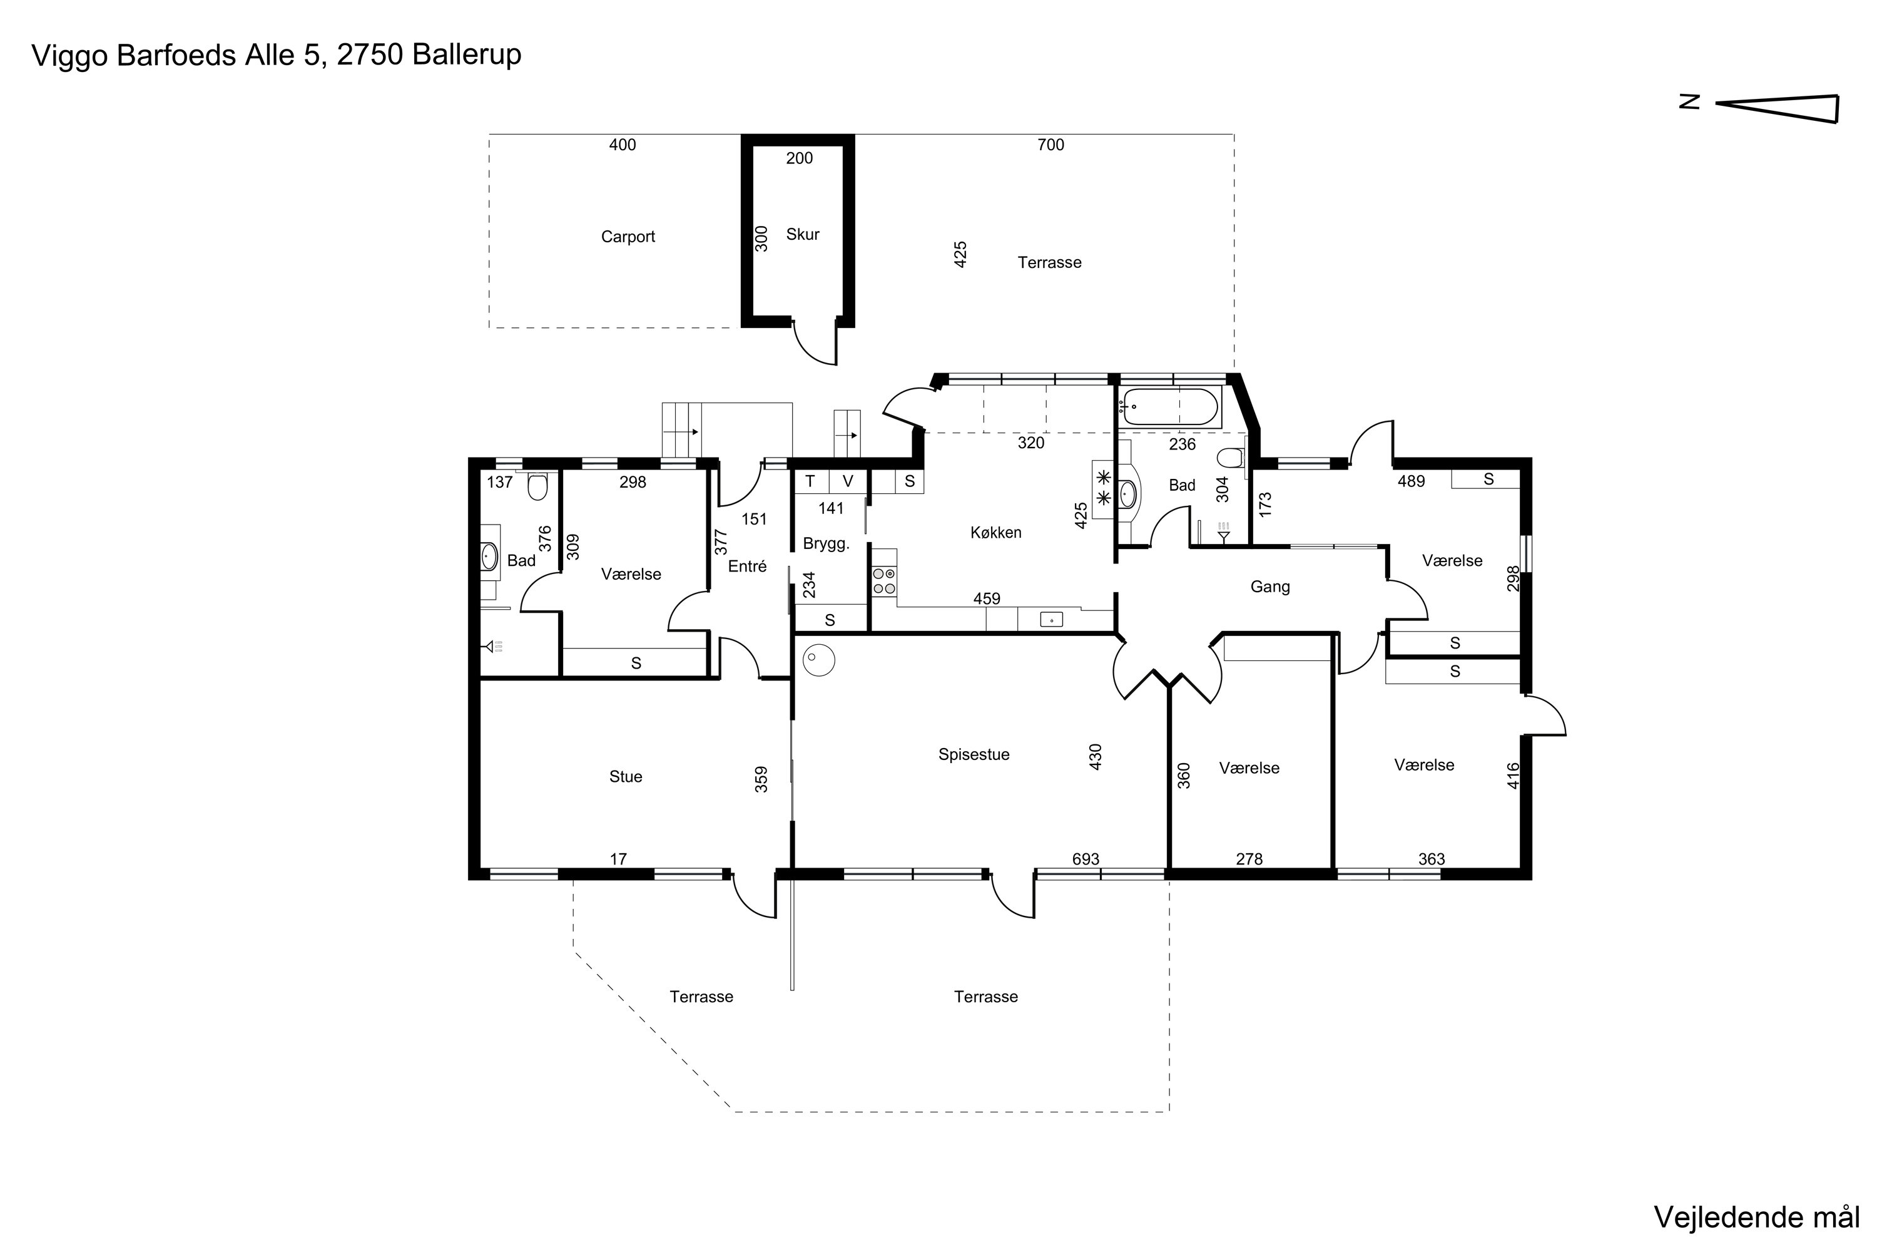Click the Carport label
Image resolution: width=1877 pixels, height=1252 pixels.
click(x=628, y=237)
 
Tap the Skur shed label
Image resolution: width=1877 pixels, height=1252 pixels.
click(x=802, y=234)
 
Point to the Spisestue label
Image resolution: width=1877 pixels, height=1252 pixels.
click(x=974, y=754)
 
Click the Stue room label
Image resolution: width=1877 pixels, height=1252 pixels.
click(x=625, y=776)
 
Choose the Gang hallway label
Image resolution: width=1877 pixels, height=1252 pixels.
click(x=1269, y=587)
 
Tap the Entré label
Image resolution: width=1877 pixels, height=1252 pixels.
click(x=747, y=566)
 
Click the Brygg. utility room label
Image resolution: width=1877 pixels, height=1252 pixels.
click(x=826, y=544)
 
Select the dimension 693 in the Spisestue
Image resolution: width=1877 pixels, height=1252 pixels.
click(x=1086, y=859)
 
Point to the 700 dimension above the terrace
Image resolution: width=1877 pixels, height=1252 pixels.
click(x=1050, y=145)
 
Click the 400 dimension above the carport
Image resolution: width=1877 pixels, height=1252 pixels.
click(x=623, y=145)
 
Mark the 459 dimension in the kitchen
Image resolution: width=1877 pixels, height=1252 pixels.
click(x=987, y=598)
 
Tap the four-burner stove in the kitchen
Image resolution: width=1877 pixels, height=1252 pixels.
click(x=883, y=580)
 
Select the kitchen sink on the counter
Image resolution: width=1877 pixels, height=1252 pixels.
click(x=1051, y=619)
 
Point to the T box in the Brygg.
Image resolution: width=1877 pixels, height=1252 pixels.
click(x=810, y=481)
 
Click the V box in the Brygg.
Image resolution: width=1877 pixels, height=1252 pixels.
click(x=848, y=481)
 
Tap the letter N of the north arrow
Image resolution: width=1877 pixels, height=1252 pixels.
click(x=1689, y=101)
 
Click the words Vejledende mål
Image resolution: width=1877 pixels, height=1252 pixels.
click(x=1756, y=1217)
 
